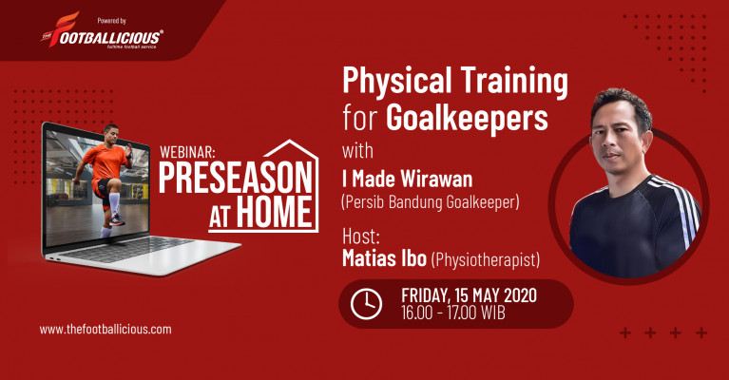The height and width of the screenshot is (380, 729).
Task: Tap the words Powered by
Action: (x=111, y=21)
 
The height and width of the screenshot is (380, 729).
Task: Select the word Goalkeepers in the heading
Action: (x=467, y=119)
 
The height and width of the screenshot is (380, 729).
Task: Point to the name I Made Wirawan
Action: (x=408, y=179)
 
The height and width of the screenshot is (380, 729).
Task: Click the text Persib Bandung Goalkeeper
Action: (x=430, y=202)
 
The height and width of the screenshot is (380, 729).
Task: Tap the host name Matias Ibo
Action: (x=384, y=258)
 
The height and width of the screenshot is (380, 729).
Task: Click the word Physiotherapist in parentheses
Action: (x=486, y=260)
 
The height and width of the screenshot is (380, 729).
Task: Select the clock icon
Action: (x=366, y=304)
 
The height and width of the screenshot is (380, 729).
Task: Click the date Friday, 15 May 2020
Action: (x=469, y=295)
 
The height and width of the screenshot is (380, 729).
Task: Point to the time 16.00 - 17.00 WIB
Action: (x=452, y=313)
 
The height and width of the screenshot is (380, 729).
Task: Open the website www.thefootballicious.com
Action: (x=106, y=330)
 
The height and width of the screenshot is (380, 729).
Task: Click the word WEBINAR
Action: (x=187, y=152)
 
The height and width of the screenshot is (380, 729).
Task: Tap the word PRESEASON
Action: (x=235, y=179)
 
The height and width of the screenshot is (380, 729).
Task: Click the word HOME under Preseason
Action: (x=275, y=212)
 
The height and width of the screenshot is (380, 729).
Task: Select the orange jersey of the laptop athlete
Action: (x=106, y=162)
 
